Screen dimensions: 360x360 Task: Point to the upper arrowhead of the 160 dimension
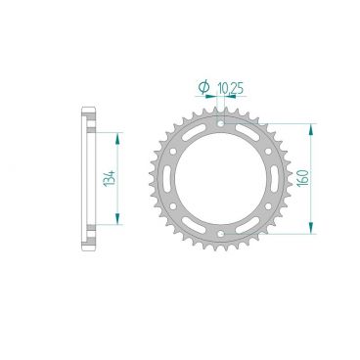312,128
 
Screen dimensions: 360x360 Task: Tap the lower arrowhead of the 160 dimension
312,231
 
